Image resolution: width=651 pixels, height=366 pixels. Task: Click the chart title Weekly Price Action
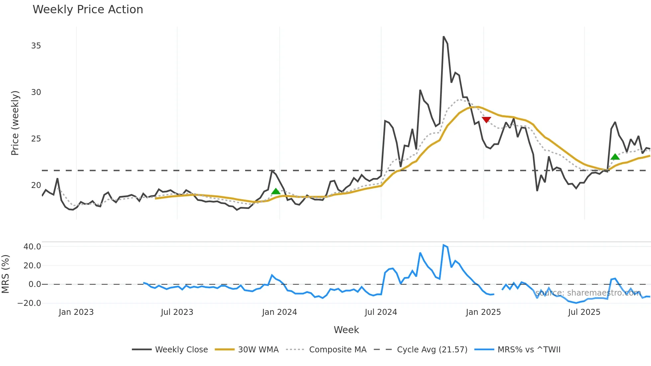(x=88, y=10)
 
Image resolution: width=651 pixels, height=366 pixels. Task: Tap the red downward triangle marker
(x=486, y=120)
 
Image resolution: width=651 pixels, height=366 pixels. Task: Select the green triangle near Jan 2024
(x=276, y=191)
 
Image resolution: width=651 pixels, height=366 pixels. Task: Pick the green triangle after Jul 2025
(x=615, y=157)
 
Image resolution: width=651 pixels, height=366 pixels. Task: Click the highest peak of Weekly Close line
(x=443, y=37)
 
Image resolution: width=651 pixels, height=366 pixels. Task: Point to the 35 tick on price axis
(x=36, y=46)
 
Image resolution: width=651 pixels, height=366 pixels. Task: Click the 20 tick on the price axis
(x=36, y=185)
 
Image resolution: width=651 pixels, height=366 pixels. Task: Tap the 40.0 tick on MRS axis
(x=32, y=246)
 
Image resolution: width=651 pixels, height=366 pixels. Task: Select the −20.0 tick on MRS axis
(x=29, y=303)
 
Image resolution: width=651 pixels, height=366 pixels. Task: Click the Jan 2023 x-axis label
(x=76, y=312)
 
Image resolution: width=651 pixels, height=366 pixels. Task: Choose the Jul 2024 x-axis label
(x=381, y=312)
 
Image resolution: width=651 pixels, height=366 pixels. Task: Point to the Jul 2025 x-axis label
(x=584, y=312)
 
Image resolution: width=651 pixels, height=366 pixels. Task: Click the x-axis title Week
(x=346, y=330)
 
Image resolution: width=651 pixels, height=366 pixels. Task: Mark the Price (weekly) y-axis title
(x=15, y=123)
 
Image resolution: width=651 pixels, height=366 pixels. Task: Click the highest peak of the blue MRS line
(x=443, y=245)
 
